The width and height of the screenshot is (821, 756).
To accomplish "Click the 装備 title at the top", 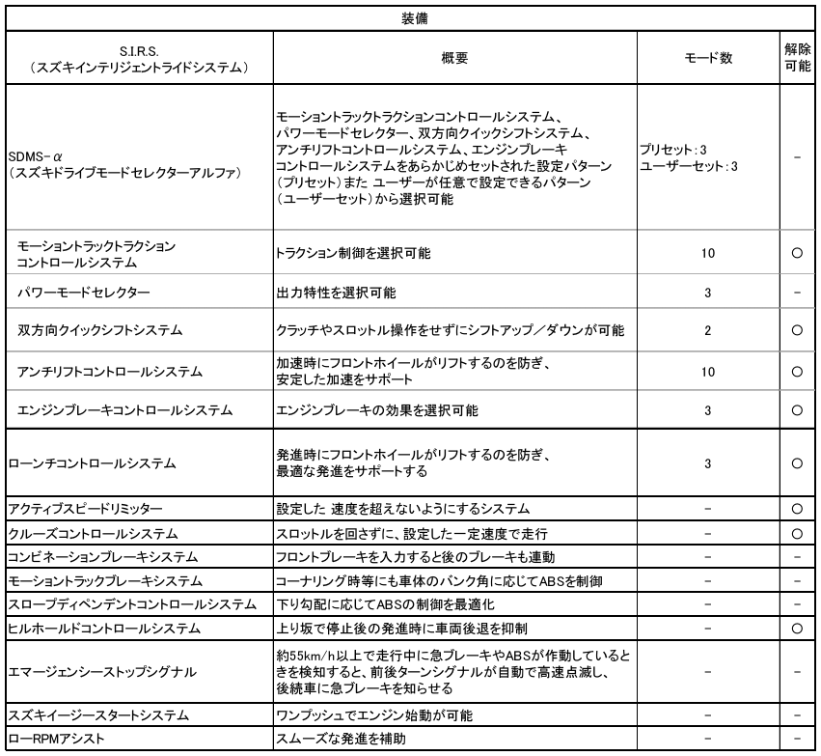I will pyautogui.click(x=410, y=18).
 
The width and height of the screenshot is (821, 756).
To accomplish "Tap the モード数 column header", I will pyautogui.click(x=707, y=58).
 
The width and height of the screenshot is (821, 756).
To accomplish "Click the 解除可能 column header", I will pyautogui.click(x=797, y=58).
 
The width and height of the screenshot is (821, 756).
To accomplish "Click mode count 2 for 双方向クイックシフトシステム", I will pyautogui.click(x=707, y=330).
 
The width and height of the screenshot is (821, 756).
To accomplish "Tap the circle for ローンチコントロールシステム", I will pyautogui.click(x=797, y=463).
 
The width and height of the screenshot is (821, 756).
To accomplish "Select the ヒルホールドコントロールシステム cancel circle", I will pyautogui.click(x=797, y=628).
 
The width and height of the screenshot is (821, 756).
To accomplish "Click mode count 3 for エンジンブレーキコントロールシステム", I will pyautogui.click(x=707, y=410).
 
